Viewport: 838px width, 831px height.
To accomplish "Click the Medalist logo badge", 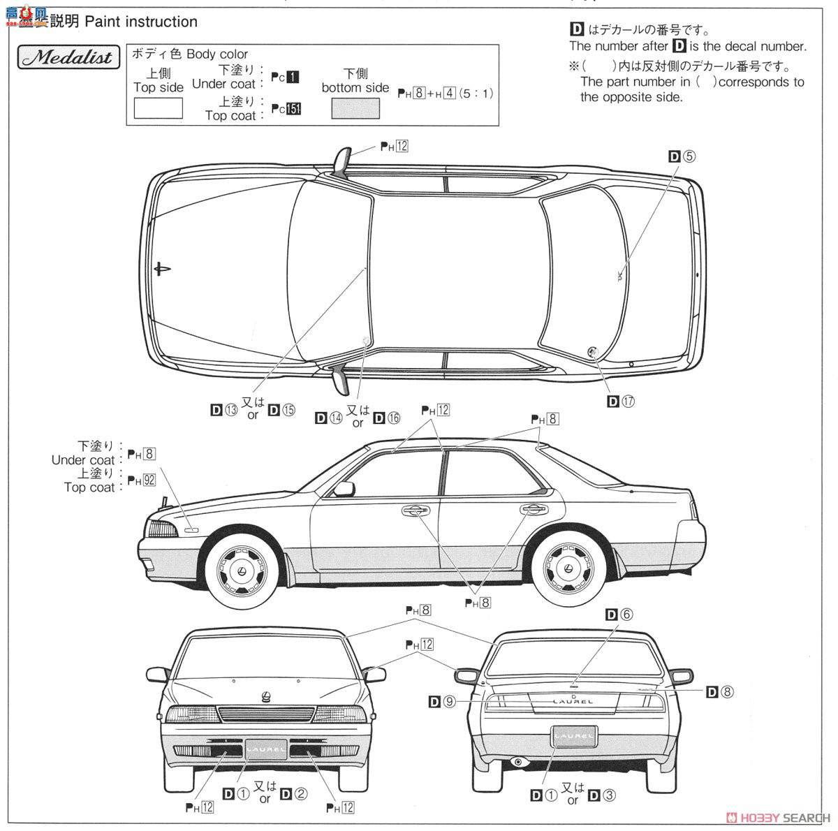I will [x=67, y=57].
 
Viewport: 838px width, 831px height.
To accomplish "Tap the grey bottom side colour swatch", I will [x=355, y=108].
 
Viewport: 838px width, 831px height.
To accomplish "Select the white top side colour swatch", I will [x=159, y=108].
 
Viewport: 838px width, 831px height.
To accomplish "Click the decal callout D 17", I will [x=622, y=401].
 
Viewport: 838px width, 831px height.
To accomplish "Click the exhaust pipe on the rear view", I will [x=518, y=760].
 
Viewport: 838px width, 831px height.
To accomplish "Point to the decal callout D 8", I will [x=719, y=691].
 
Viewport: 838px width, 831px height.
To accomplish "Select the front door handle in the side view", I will [x=416, y=511].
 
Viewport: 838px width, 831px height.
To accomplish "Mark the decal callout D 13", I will [x=223, y=409].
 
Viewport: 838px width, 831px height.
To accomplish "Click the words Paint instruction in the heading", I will [x=141, y=22].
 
